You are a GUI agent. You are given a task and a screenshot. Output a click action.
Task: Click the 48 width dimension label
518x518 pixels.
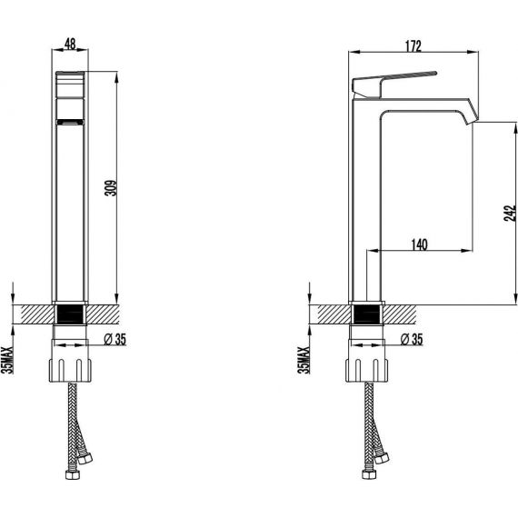pos(70,44)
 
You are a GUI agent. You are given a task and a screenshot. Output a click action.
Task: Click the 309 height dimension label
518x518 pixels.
pos(111,188)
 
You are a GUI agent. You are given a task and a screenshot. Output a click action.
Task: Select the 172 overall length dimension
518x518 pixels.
pos(413,46)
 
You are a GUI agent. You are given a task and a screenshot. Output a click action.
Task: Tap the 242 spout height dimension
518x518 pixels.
pos(510,213)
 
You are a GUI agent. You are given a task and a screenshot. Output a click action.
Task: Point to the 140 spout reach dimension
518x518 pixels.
pos(419,244)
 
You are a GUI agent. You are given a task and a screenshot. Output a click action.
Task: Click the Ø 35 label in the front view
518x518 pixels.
pos(115,339)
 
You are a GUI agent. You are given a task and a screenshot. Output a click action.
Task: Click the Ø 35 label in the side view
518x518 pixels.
pos(412,339)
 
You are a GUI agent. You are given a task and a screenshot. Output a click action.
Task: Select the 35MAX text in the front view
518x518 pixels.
pos(7,360)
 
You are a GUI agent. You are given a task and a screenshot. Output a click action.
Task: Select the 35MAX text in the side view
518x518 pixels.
pos(304,360)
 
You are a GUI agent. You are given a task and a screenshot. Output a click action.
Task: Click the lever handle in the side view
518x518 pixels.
pos(393,83)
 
